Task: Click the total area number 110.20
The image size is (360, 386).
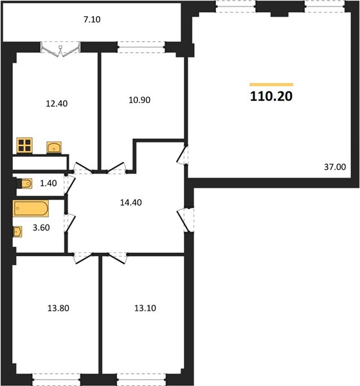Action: coord(270,96)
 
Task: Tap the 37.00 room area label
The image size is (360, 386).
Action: coord(335,167)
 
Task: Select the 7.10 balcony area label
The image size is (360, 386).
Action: coord(92,21)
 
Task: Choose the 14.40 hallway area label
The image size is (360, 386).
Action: coord(130,201)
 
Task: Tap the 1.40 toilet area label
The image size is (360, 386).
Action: coord(49,184)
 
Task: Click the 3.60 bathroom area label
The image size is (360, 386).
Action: coord(40,227)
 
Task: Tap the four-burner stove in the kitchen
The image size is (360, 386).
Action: coord(24,145)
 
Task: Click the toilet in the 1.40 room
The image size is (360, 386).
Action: coord(25,185)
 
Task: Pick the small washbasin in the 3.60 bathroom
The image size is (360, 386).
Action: coord(16,232)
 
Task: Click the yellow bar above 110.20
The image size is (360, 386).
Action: coord(271,84)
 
